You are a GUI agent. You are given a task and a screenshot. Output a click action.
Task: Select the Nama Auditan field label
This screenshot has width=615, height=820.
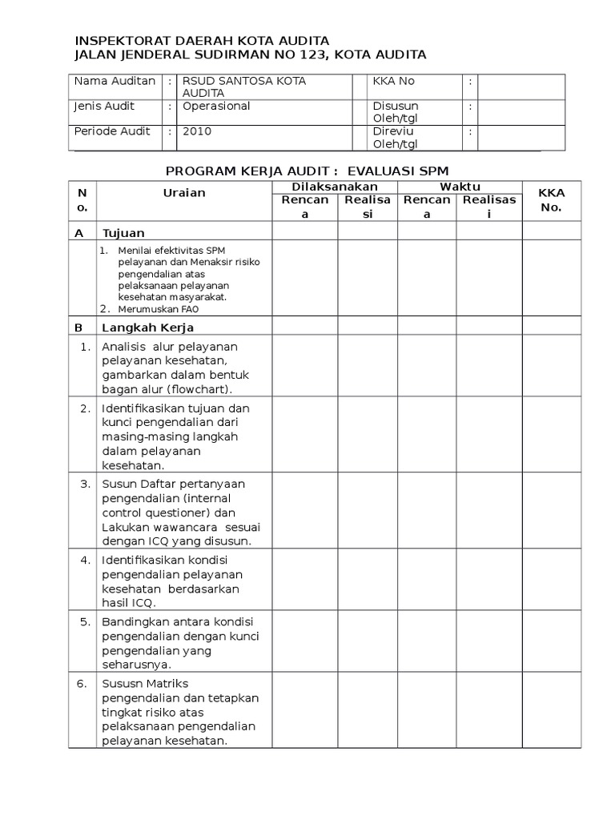point(115,82)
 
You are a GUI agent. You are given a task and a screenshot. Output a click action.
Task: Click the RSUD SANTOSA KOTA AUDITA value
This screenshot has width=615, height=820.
point(244,87)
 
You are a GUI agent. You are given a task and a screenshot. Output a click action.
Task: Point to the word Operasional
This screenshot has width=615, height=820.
point(216,107)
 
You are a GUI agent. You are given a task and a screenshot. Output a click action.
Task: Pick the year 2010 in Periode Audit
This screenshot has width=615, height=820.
point(197,131)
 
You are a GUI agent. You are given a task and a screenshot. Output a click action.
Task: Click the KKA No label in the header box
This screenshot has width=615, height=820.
point(394,82)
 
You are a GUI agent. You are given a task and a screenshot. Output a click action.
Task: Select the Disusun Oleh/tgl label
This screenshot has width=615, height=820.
point(396,112)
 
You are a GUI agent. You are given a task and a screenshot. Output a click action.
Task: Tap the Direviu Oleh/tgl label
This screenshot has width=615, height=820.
point(396,137)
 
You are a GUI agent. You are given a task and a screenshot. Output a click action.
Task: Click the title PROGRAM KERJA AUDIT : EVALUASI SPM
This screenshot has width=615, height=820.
point(307,171)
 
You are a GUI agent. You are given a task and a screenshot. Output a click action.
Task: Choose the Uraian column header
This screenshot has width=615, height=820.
point(184,193)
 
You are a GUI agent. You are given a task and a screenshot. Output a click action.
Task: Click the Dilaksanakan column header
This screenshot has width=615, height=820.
point(336,186)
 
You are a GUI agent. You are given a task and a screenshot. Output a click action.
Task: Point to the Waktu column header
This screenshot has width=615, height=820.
point(458,186)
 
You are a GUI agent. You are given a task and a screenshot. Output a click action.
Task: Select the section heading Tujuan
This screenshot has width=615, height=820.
point(123,233)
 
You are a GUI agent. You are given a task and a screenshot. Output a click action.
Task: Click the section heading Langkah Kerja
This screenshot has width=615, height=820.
point(147,328)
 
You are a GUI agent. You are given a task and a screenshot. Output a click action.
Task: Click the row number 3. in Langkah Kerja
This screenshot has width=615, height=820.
point(85,484)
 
